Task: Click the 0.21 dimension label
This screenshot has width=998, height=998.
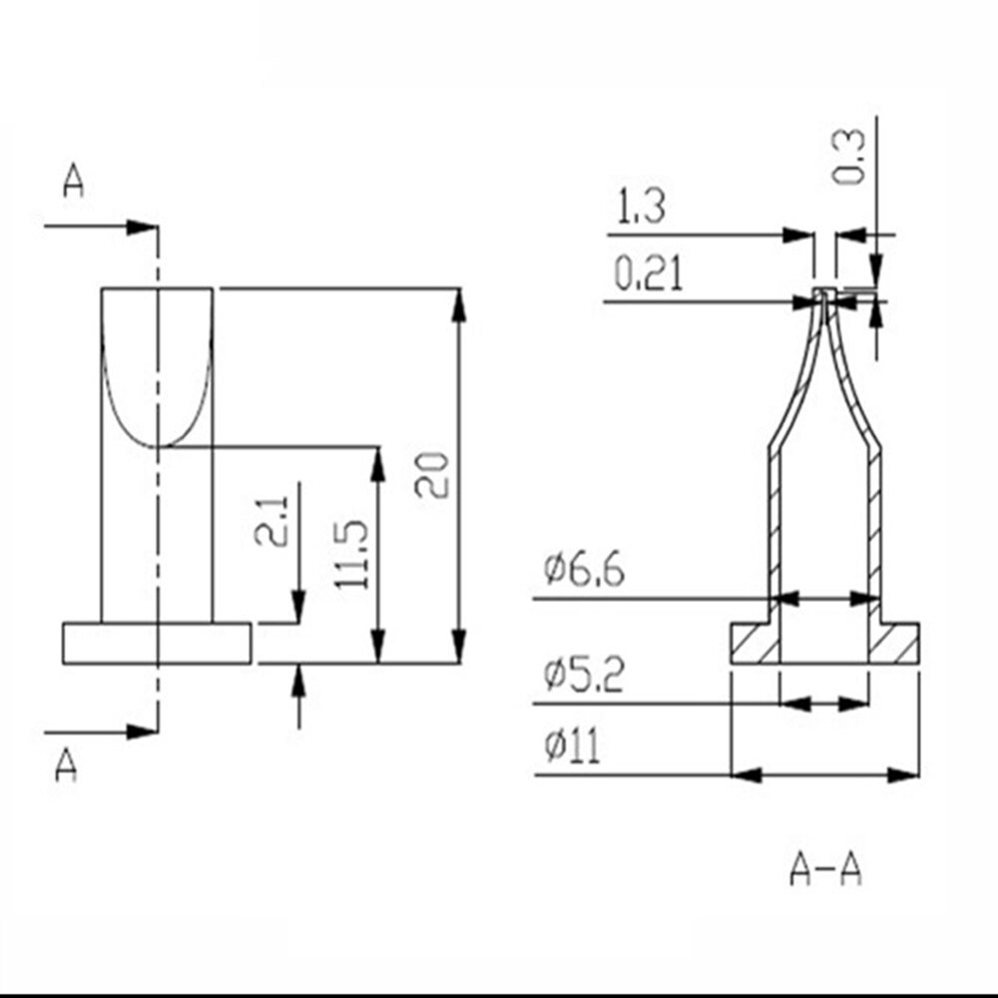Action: (649, 274)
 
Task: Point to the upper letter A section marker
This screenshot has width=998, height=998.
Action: (73, 182)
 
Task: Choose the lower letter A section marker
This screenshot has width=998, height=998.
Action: (66, 766)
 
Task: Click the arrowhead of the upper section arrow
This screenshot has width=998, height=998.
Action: (141, 228)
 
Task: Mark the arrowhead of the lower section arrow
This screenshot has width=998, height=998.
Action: (141, 732)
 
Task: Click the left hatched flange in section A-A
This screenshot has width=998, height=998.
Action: (754, 644)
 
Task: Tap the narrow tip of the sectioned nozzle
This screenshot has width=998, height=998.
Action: (823, 295)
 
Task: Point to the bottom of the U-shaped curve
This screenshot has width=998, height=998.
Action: (158, 445)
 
